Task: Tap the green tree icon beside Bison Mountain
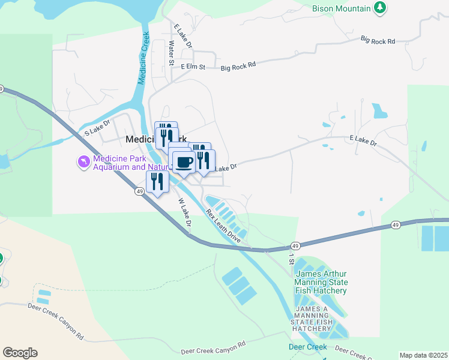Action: [x=379, y=8]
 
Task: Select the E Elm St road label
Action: [x=193, y=67]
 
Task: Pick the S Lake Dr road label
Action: [x=98, y=127]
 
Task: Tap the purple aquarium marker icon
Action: [x=83, y=162]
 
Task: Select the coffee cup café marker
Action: [x=184, y=161]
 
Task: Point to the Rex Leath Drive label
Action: [x=223, y=226]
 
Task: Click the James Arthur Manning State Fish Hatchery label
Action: [x=321, y=282]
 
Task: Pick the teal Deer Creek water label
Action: [x=307, y=347]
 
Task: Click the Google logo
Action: [x=20, y=353]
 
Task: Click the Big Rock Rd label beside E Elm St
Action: [x=238, y=64]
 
